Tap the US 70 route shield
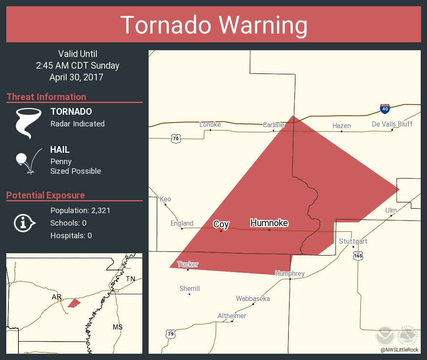coord(176,138)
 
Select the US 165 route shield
coord(357,255)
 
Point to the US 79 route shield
coord(170,334)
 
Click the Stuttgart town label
coord(353,242)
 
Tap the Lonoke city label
coord(210,125)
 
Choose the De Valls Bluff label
coord(392,124)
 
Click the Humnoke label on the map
coord(269,223)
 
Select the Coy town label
coord(221,224)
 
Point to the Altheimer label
coord(232,316)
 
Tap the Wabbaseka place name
coord(253,299)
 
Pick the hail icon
coord(28,161)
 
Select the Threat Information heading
coord(46,97)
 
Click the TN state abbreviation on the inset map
coord(131,279)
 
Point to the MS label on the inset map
coord(117,327)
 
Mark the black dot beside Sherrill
coord(189,294)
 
